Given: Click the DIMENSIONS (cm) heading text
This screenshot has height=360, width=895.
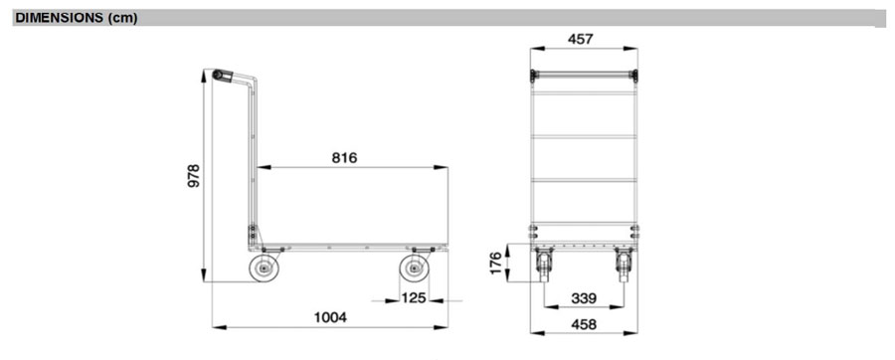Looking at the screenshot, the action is coord(77,18).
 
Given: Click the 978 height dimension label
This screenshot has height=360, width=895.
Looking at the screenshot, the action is coord(194,176).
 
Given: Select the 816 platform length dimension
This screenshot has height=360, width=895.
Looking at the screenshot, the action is coord(344,158).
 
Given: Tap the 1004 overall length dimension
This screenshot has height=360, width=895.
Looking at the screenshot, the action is coord(330,318).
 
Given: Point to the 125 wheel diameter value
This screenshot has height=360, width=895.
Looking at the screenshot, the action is coord(414,297).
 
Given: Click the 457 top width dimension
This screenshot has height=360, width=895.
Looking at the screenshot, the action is coord(581,40).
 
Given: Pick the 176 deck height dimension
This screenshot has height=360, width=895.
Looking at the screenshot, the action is coord(495,263).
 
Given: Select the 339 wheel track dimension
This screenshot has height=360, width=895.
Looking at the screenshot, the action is coord(584,298).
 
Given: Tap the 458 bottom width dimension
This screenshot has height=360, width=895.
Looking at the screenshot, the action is coord(584,324).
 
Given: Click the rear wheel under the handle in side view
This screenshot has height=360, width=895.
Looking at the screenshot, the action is coord(265,269).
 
